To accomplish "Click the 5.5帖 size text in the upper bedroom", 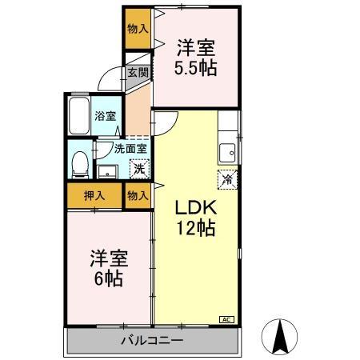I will [196, 68].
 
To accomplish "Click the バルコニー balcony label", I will [152, 340].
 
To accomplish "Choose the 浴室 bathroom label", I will [105, 115].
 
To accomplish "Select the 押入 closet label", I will [94, 194].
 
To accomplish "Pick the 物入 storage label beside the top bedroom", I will [138, 28].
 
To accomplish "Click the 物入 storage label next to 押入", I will [137, 194].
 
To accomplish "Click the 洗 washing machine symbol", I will [138, 169].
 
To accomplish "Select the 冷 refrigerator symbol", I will [226, 179].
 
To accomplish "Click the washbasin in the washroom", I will [108, 170].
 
